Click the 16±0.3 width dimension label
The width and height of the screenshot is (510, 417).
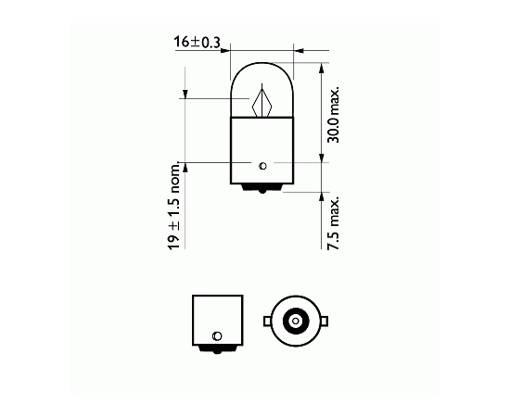[197, 43]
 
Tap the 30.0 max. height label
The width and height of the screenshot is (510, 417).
[334, 115]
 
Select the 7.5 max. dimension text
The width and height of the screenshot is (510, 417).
[334, 222]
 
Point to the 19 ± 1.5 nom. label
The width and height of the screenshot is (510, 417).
[174, 206]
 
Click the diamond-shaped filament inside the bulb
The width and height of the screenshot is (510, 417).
[261, 102]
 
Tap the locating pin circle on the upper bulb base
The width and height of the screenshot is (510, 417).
[262, 166]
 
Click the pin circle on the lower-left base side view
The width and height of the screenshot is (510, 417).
[217, 335]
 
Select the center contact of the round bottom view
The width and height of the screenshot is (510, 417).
[295, 322]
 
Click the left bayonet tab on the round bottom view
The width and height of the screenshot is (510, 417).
[267, 322]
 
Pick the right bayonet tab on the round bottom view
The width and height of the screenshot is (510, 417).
[325, 322]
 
